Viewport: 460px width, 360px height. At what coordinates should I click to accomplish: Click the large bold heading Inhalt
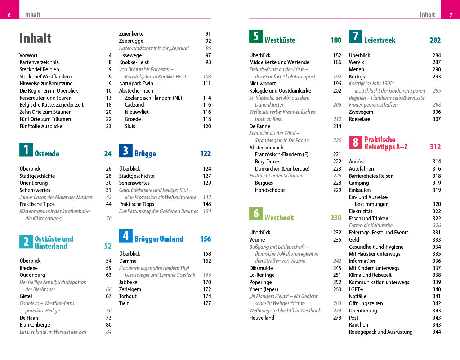point(35,38)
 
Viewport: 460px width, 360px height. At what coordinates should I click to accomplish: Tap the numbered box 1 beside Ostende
point(26,150)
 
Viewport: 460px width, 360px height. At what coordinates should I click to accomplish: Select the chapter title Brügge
point(145,154)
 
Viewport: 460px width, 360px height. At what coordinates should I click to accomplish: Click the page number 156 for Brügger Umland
point(205,239)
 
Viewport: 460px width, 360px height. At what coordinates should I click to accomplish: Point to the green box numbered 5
point(256,36)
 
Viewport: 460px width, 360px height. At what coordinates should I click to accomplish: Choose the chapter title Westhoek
point(279,218)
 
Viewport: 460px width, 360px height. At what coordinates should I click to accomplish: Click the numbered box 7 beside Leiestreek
point(356,36)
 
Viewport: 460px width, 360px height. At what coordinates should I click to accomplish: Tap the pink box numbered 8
point(356,143)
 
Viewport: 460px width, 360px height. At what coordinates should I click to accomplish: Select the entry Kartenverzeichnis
point(39,62)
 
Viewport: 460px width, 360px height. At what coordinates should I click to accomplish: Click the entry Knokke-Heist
point(134,62)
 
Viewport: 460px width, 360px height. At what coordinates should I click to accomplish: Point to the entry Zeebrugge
point(131,41)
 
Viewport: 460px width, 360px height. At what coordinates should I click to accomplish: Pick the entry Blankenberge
point(35,325)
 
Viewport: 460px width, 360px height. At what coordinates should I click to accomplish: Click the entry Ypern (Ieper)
point(264,289)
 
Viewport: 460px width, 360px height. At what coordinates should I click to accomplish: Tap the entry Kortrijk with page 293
point(357,77)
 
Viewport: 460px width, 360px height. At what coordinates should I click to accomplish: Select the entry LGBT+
point(356,289)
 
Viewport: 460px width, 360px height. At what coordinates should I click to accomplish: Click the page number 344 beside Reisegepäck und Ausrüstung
point(437,332)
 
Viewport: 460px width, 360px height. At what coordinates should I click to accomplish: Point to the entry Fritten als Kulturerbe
point(371,225)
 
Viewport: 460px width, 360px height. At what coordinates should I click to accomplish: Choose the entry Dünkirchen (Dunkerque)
point(282,169)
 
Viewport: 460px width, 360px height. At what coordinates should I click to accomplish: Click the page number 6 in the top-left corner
point(9,15)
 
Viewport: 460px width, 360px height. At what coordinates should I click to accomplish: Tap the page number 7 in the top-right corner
point(451,15)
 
